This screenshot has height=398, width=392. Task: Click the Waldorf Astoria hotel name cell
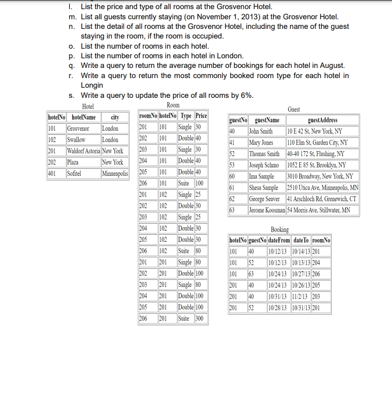(x=84, y=151)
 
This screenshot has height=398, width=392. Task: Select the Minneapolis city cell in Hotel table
(x=115, y=173)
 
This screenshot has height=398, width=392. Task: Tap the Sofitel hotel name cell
(x=76, y=173)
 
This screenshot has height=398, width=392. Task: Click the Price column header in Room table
(x=201, y=116)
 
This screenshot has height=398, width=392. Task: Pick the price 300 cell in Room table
(x=200, y=318)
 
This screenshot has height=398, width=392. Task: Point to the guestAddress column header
(x=323, y=120)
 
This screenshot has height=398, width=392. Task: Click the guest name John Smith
(x=261, y=131)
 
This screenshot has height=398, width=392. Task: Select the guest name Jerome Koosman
(x=266, y=210)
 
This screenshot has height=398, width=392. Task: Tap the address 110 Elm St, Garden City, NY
(x=317, y=142)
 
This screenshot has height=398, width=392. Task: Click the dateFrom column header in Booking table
(x=279, y=240)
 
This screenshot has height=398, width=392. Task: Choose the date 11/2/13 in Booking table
(x=301, y=296)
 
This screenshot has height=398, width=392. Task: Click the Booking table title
(x=280, y=230)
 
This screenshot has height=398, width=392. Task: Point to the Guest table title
(x=294, y=109)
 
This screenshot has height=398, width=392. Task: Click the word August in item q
(x=330, y=65)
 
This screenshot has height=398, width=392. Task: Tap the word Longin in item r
(x=92, y=85)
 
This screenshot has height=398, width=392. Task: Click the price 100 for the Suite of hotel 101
(x=200, y=183)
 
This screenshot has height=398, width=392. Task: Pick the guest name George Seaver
(x=264, y=199)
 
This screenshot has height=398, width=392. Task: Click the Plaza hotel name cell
(x=74, y=162)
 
